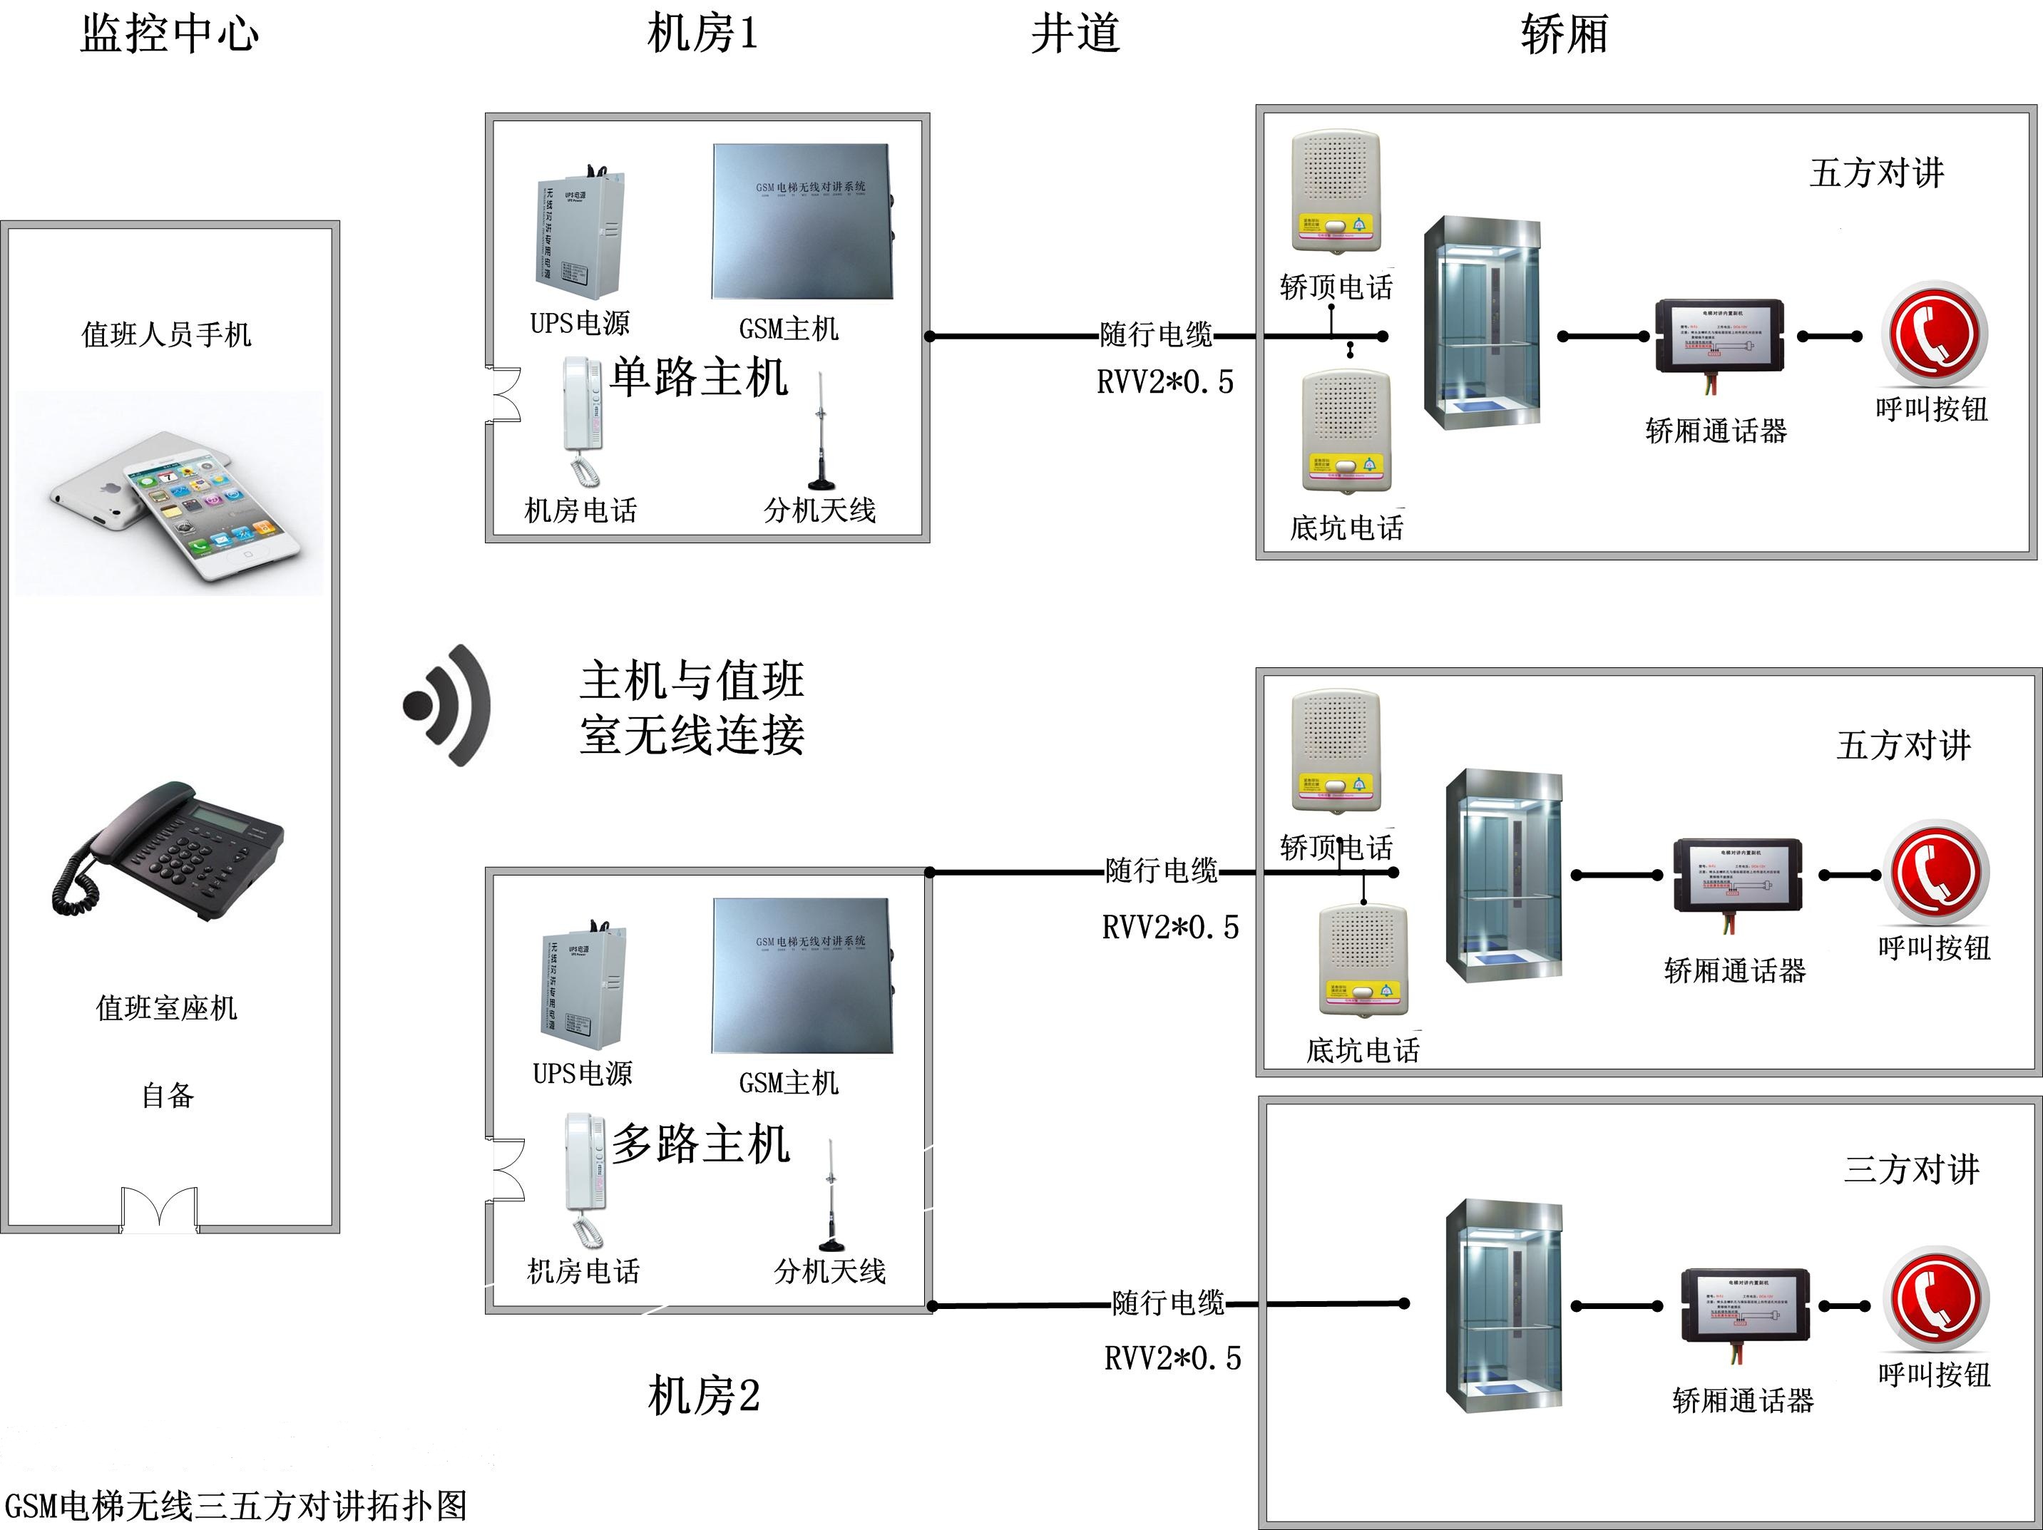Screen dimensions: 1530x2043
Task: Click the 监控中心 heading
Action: coord(169,34)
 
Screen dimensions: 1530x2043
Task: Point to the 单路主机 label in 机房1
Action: coord(699,378)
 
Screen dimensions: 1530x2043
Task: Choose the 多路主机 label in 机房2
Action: coord(701,1144)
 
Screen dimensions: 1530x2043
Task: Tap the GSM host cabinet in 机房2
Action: coord(802,975)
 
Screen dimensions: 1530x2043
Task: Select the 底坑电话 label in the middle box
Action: coord(1362,1050)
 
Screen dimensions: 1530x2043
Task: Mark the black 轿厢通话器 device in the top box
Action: coord(1718,336)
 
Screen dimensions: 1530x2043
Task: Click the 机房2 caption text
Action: coord(703,1395)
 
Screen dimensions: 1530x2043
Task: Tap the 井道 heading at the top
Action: coord(1075,34)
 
